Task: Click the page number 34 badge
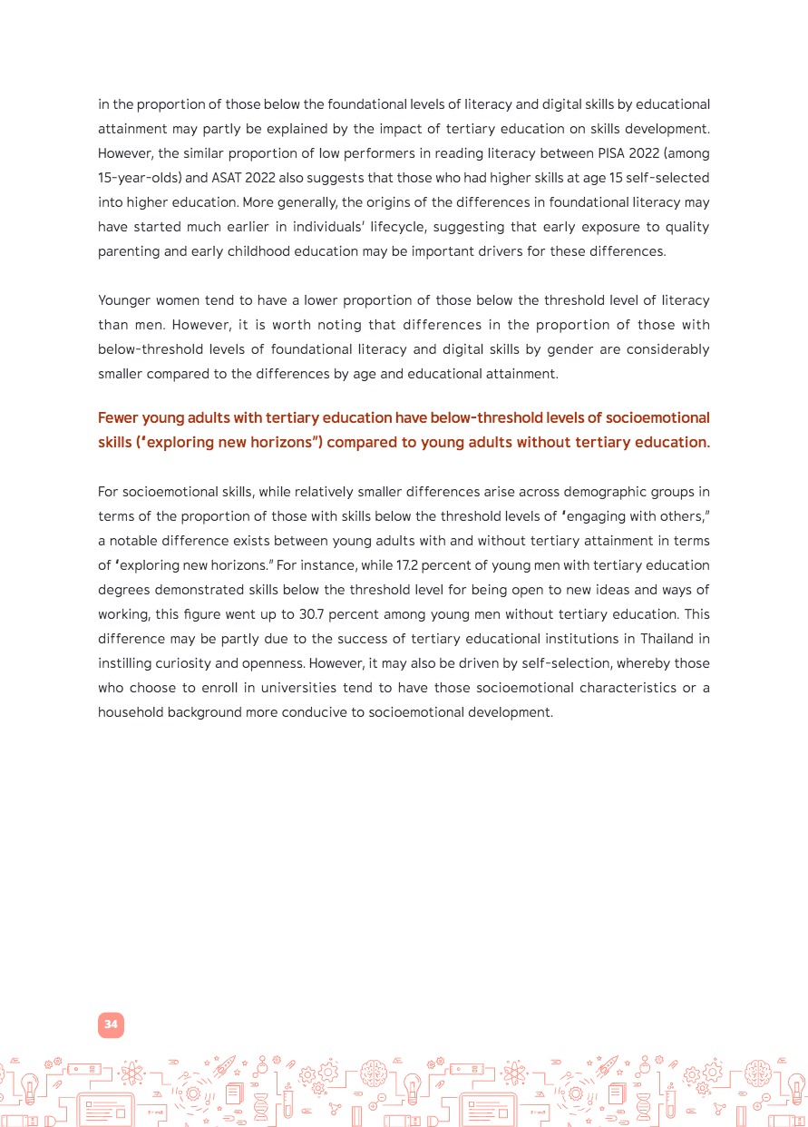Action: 111,1024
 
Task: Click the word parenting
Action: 128,250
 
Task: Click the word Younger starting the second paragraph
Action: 126,299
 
